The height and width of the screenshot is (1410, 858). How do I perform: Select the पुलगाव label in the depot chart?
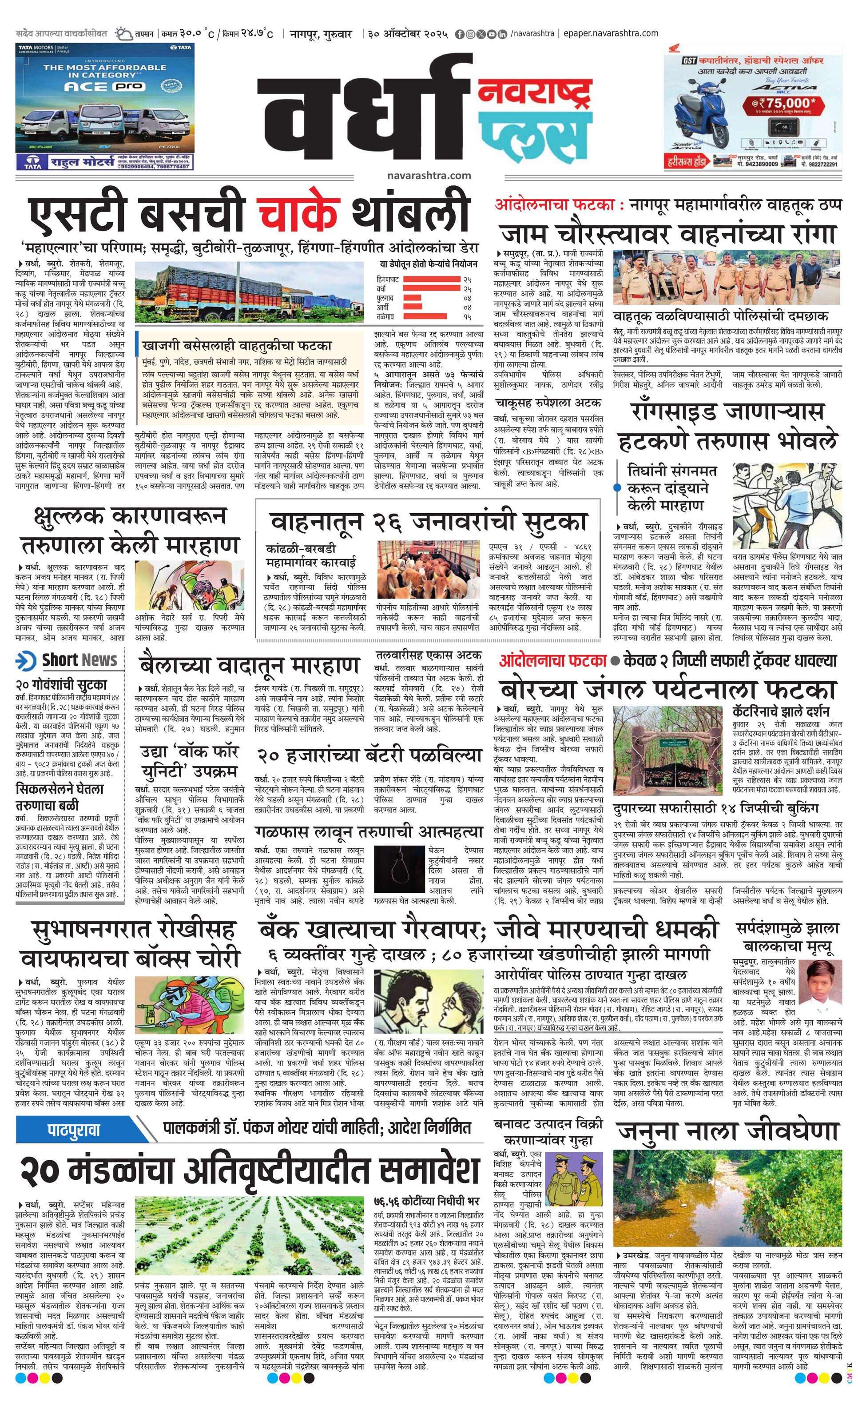385,298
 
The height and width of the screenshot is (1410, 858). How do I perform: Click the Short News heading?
79,660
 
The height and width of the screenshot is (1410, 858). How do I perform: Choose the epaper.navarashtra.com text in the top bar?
610,33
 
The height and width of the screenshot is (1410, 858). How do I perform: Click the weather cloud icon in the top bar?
122,34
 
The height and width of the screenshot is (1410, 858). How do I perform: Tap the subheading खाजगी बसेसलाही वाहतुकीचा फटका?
238,346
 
